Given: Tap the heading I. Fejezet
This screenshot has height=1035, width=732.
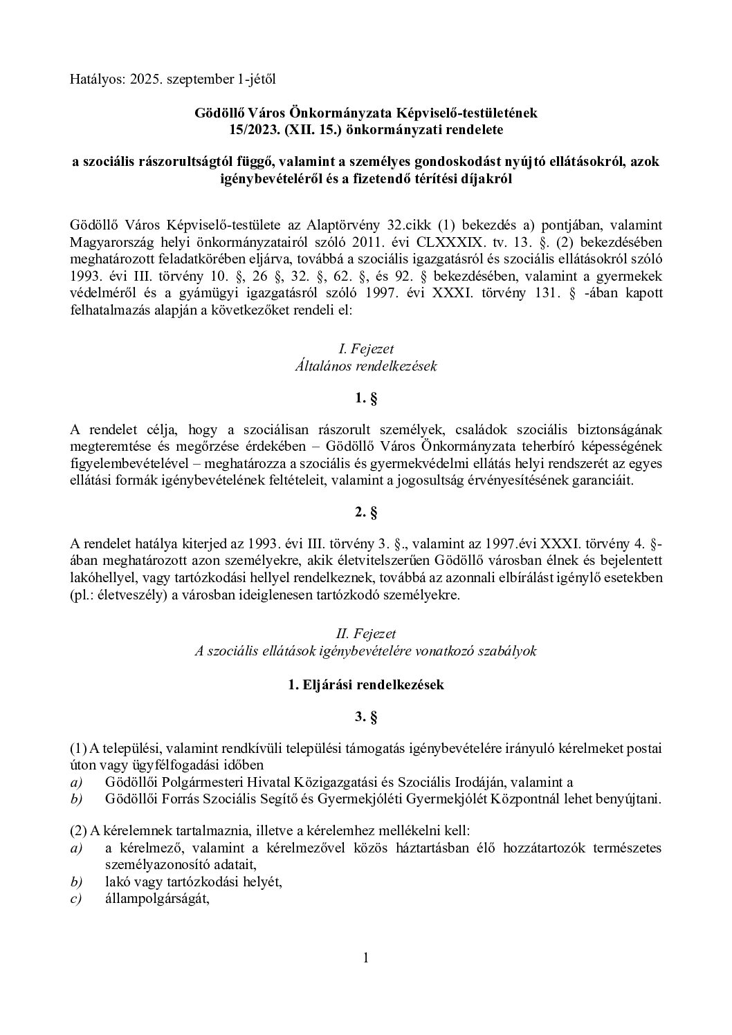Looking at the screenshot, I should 365,349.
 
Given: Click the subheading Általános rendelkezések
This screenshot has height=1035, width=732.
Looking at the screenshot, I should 365,366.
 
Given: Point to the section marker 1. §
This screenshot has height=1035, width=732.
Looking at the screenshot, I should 365,399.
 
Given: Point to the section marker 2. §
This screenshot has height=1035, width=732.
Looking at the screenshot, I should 365,513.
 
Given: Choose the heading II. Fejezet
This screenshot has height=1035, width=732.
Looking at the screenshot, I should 365,633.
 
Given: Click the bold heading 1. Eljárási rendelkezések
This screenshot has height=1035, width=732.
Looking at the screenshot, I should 365,684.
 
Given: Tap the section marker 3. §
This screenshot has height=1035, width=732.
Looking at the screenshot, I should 365,718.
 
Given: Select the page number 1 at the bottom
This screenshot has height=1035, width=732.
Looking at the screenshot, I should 365,958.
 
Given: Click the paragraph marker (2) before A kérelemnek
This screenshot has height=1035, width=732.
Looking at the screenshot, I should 79,832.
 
